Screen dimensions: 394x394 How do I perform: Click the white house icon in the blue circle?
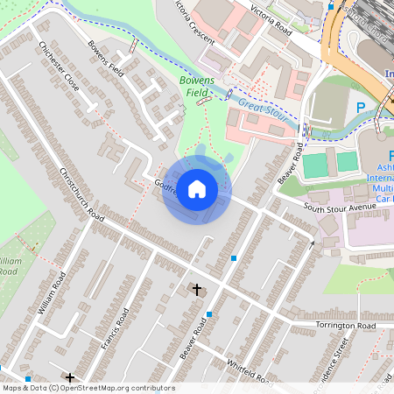pyautogui.click(x=197, y=189)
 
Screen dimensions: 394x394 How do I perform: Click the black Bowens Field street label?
pyautogui.click(x=109, y=59)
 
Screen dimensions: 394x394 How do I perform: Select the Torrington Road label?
pyautogui.click(x=345, y=326)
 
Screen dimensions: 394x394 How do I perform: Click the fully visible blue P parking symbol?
pyautogui.click(x=361, y=108)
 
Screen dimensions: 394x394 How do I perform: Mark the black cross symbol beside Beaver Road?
pyautogui.click(x=196, y=288)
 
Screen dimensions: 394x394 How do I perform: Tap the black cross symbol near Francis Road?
pyautogui.click(x=69, y=376)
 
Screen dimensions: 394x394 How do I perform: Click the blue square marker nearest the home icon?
pyautogui.click(x=234, y=257)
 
